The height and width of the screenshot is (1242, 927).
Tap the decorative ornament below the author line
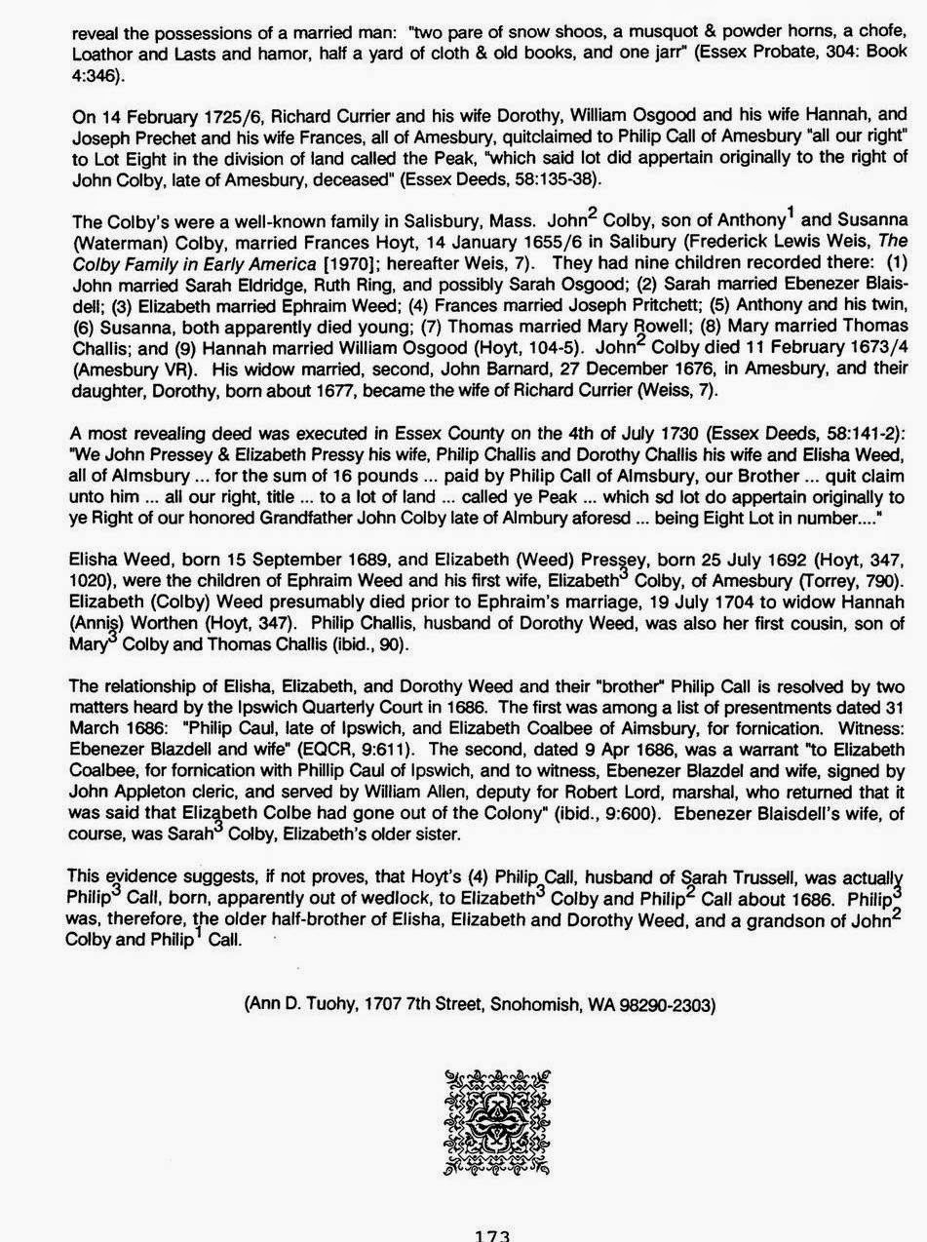coord(497,1121)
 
